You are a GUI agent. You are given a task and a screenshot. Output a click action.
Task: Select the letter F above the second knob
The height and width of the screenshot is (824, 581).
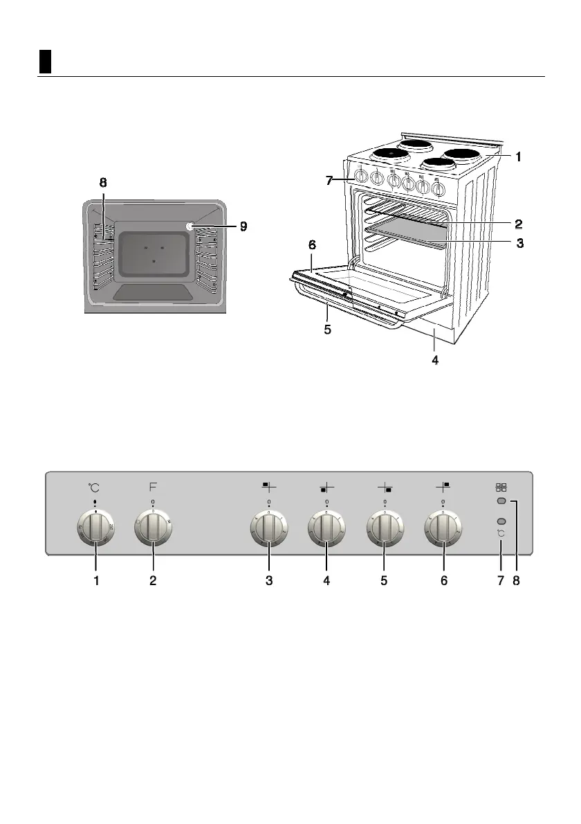pyautogui.click(x=153, y=487)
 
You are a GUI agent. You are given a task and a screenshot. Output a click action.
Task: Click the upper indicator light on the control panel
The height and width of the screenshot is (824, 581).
pyautogui.click(x=501, y=501)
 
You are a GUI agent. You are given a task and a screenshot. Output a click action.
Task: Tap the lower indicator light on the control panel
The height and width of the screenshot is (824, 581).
pyautogui.click(x=501, y=521)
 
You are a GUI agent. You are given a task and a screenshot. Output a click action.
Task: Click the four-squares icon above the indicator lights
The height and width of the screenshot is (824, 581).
pyautogui.click(x=501, y=487)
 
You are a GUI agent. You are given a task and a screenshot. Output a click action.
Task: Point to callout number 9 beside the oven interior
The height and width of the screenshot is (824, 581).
pyautogui.click(x=242, y=226)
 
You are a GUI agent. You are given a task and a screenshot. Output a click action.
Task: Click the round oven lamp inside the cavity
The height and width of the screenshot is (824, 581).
pyautogui.click(x=190, y=226)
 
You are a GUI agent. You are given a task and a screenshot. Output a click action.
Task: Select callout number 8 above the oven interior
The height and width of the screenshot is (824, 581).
pyautogui.click(x=103, y=183)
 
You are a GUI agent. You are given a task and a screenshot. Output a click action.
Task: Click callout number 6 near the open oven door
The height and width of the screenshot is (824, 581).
pyautogui.click(x=312, y=245)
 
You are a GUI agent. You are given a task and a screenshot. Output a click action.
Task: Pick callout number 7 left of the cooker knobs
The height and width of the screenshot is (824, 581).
pyautogui.click(x=331, y=181)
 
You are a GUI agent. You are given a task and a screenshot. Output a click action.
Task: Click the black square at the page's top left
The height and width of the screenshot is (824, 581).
pyautogui.click(x=45, y=62)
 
